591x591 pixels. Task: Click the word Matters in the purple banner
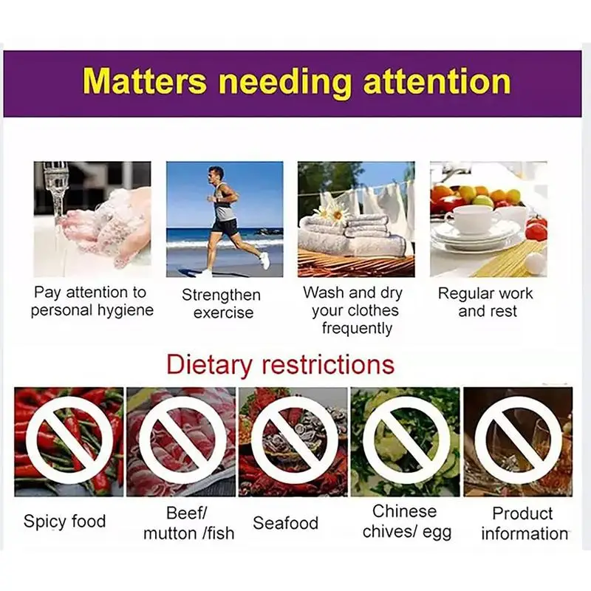click(x=145, y=81)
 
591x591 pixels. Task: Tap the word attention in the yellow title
click(x=437, y=81)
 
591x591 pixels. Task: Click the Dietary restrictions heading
click(x=281, y=365)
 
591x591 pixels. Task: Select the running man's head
click(x=216, y=174)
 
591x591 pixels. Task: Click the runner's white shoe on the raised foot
click(x=265, y=261)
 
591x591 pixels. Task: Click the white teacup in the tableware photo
click(x=472, y=219)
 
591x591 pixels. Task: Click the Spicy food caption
click(x=64, y=522)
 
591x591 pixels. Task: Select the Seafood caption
click(x=286, y=523)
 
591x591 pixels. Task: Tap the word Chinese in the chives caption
click(x=404, y=511)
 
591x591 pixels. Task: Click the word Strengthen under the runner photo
click(x=221, y=295)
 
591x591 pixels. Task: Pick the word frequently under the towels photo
click(x=357, y=328)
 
